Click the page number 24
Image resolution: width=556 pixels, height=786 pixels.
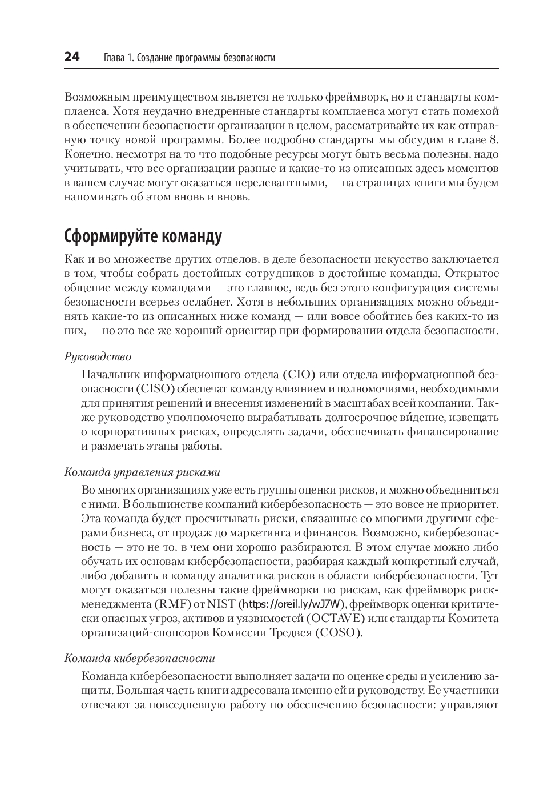point(72,57)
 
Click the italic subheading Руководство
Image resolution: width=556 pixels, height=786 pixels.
point(98,357)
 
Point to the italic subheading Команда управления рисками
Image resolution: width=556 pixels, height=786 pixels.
point(142,472)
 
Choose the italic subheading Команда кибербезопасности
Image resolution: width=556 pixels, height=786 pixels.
point(140,658)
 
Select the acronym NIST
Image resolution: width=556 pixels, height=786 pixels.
point(221,604)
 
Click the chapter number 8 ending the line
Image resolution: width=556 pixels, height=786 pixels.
point(495,139)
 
